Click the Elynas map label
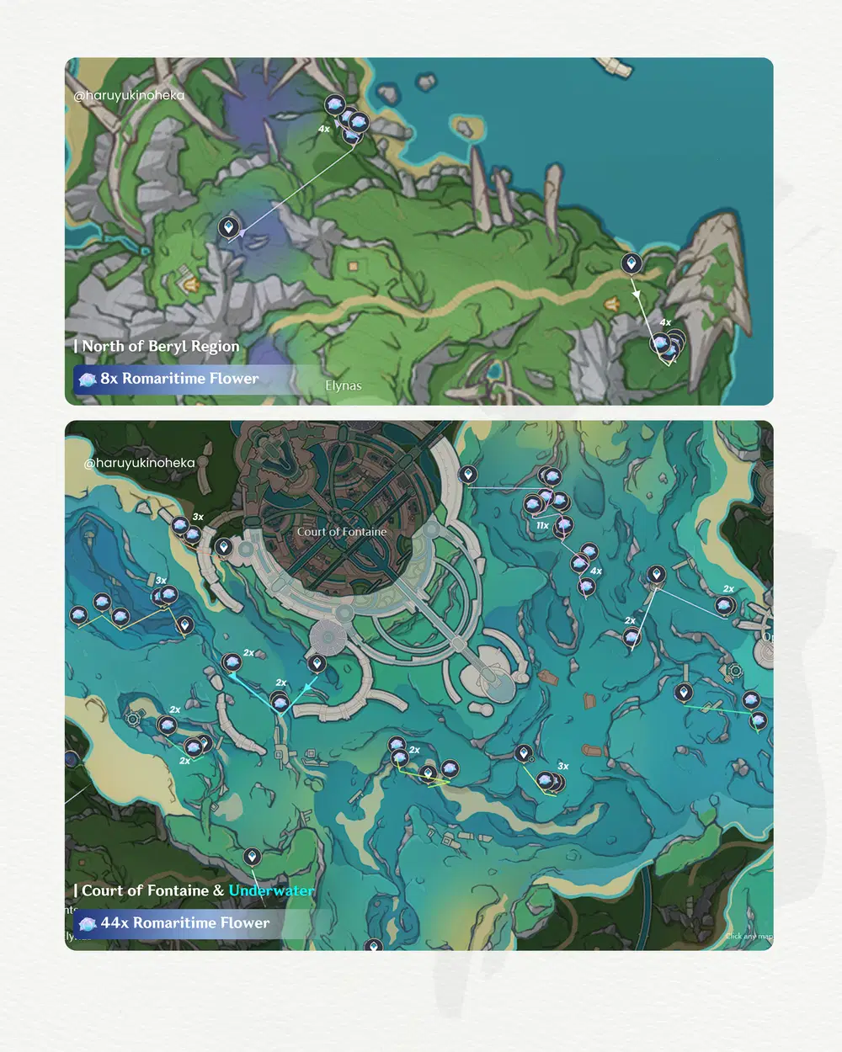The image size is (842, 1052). point(343,386)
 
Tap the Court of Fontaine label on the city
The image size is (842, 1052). point(341,532)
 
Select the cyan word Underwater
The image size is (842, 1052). point(271,890)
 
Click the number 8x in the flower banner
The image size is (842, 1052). point(109,379)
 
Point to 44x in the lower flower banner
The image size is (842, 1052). point(115,923)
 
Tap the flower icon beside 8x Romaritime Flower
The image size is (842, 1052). point(88,380)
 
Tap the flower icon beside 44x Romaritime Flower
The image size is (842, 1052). point(88,924)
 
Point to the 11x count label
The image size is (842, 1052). point(542,525)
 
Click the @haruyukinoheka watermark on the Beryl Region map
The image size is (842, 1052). point(128,95)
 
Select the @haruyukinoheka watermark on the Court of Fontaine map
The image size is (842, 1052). point(139,463)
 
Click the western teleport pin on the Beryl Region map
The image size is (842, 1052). point(227,226)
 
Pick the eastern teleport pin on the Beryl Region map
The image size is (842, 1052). point(631,263)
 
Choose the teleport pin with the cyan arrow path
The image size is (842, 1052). point(317,664)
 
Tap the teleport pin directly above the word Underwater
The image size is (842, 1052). point(251,857)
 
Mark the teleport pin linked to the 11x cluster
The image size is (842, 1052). point(467,475)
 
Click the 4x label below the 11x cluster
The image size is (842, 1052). point(596,571)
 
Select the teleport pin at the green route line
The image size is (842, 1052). point(524,752)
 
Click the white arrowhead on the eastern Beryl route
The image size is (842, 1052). point(637,294)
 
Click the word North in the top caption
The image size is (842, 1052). point(102,346)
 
